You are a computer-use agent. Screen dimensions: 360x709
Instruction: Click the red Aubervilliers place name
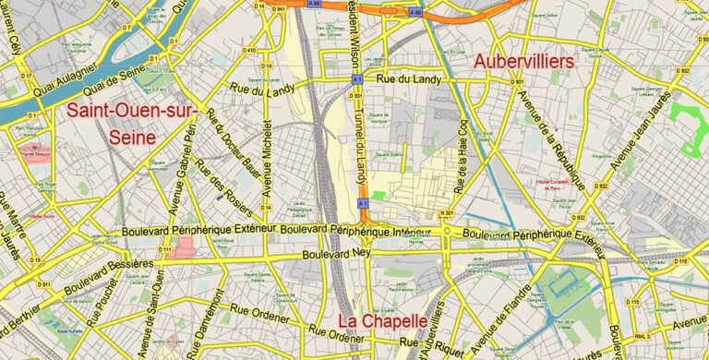[523, 61]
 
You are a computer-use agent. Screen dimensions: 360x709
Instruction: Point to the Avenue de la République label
[550, 138]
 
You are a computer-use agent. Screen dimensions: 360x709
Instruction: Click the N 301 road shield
[447, 214]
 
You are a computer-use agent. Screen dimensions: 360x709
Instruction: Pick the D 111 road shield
[165, 250]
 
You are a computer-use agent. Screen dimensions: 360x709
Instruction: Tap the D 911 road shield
[44, 284]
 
